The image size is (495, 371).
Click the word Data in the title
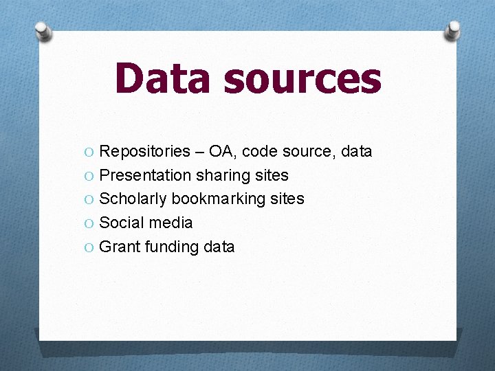(x=164, y=78)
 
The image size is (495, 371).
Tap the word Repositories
(x=144, y=151)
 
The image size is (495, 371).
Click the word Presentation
(x=145, y=175)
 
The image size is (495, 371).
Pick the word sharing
(x=223, y=175)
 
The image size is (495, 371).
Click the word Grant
(x=120, y=247)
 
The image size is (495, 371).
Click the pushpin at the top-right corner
(x=452, y=30)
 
